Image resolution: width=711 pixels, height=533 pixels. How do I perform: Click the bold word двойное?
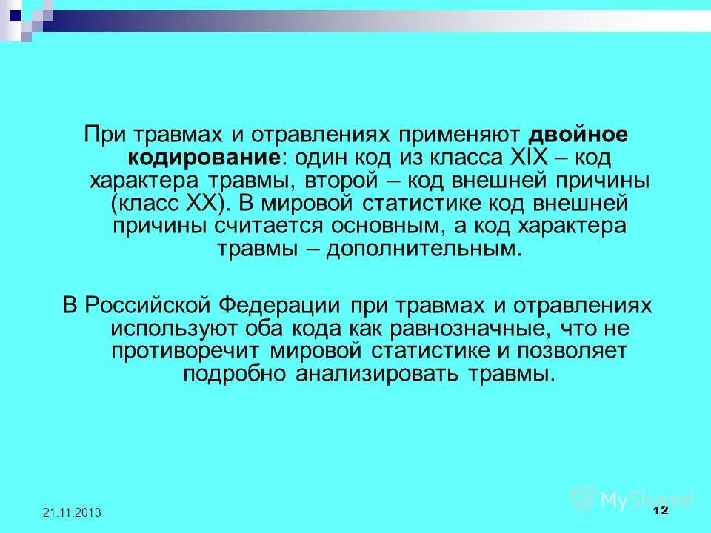578,136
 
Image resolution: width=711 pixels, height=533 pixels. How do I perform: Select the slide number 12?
661,512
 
